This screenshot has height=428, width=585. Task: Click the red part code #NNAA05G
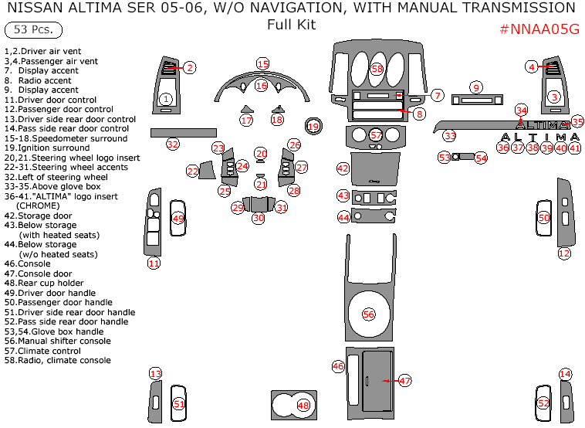(539, 29)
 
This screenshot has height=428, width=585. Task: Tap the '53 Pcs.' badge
(33, 30)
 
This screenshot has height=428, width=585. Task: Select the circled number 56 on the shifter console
(369, 314)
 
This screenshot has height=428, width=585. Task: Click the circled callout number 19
(313, 126)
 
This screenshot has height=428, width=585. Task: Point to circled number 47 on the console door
(405, 380)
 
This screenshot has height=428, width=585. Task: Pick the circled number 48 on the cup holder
(303, 406)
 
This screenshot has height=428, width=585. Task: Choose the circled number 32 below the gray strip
(173, 144)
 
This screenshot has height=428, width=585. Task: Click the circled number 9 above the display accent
(476, 87)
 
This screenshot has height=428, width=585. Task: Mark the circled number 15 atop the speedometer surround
(263, 63)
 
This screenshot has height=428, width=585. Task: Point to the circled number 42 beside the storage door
(343, 168)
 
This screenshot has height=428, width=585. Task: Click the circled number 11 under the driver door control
(154, 263)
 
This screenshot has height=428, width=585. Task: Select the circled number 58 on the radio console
(377, 69)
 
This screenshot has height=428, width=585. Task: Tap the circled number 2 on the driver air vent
(189, 68)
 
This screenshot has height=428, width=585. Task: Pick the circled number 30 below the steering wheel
(259, 218)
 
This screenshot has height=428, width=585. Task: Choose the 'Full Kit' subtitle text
(291, 24)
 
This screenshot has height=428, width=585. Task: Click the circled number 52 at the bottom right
(543, 403)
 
